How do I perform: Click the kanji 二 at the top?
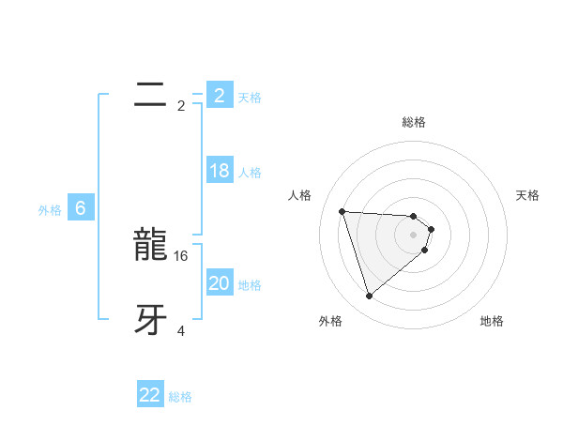coord(150,95)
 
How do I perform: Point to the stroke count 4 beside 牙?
coord(181,330)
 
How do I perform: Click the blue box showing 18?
coord(220,171)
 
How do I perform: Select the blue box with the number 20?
coord(220,283)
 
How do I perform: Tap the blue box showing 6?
coord(81,208)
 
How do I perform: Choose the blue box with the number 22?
coord(150,395)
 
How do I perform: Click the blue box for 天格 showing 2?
coord(220,96)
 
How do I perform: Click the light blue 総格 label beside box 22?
coord(180,397)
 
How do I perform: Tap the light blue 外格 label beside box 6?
coord(50,210)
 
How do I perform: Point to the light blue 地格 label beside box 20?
coord(250,285)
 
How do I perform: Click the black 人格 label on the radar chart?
coord(300,195)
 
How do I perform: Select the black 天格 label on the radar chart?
coord(528,195)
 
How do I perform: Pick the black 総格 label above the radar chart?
coord(414,122)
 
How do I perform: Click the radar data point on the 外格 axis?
coord(370,297)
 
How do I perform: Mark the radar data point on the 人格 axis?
coord(342,211)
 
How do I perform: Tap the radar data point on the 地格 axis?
coord(425,250)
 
